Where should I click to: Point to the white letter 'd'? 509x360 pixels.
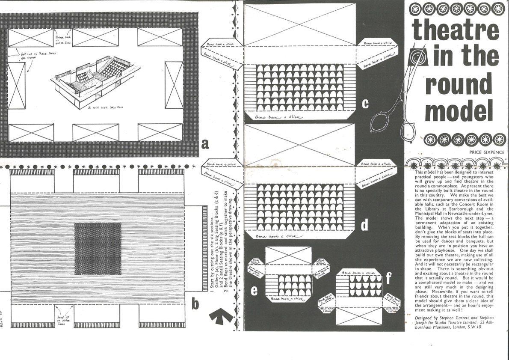364,225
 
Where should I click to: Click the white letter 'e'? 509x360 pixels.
254,291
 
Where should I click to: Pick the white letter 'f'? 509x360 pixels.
388,279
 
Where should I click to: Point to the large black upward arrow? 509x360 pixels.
222,316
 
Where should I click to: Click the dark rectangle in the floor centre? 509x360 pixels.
98,249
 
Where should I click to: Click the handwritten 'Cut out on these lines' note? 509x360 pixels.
35,55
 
